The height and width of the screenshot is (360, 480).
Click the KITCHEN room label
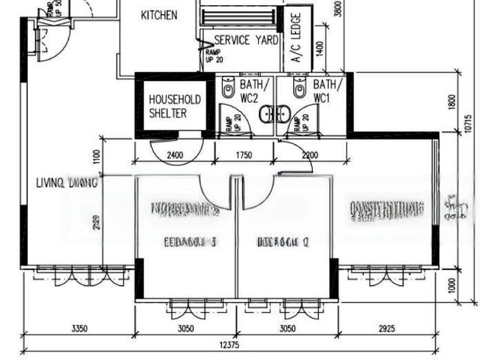point(159,15)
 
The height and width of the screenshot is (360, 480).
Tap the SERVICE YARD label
point(247,40)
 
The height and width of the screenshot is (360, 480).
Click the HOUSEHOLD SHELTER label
point(175,106)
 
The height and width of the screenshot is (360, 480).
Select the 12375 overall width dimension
point(229,345)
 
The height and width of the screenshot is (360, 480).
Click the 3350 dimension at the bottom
point(79,328)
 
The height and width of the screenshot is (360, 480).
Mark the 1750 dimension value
point(243,155)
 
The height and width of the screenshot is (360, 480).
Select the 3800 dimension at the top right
point(338,9)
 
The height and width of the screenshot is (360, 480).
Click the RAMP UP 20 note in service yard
point(213,55)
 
